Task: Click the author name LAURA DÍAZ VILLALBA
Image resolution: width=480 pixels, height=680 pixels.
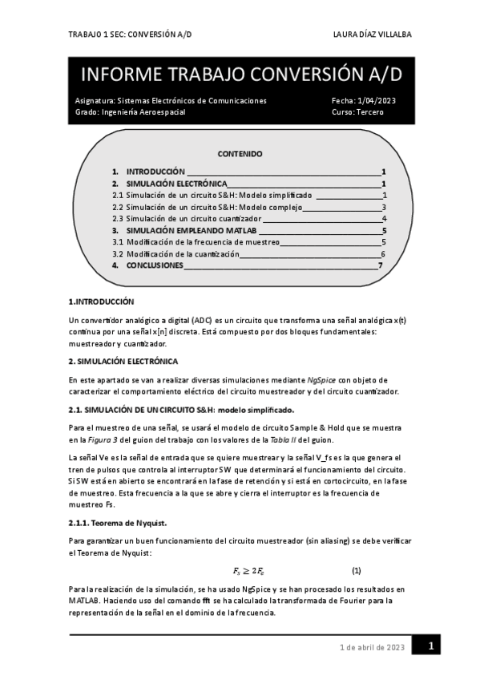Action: (x=372, y=34)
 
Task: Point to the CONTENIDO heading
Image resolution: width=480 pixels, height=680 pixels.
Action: (x=240, y=154)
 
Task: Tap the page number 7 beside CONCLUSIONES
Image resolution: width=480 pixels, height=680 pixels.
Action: (x=380, y=265)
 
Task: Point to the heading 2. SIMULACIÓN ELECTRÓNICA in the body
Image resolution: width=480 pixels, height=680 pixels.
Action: (x=123, y=361)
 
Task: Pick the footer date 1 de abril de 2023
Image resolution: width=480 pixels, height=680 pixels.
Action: (x=372, y=647)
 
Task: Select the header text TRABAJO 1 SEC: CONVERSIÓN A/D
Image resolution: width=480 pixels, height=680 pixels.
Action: (x=131, y=34)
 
